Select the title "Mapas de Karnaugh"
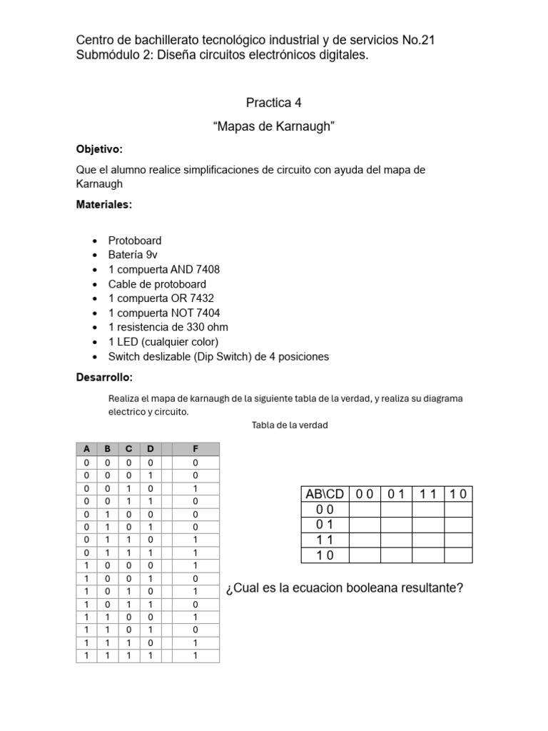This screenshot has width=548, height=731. [x=274, y=127]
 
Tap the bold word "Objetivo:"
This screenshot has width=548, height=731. [x=99, y=149]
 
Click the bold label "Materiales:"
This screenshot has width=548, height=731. [x=104, y=205]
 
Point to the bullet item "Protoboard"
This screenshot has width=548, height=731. [x=135, y=241]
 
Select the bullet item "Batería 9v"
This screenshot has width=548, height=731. [x=132, y=255]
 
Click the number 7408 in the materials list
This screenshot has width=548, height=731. [x=206, y=269]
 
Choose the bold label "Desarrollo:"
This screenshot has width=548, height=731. [x=104, y=377]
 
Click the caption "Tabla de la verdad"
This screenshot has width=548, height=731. [x=290, y=425]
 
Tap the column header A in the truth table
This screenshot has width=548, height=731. [x=86, y=449]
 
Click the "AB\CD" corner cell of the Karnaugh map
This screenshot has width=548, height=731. [x=325, y=494]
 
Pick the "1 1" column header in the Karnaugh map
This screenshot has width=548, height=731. [x=428, y=494]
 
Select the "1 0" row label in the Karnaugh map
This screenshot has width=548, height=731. [x=325, y=555]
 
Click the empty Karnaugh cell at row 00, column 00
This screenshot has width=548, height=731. [x=364, y=510]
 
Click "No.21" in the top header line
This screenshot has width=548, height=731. [x=417, y=40]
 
